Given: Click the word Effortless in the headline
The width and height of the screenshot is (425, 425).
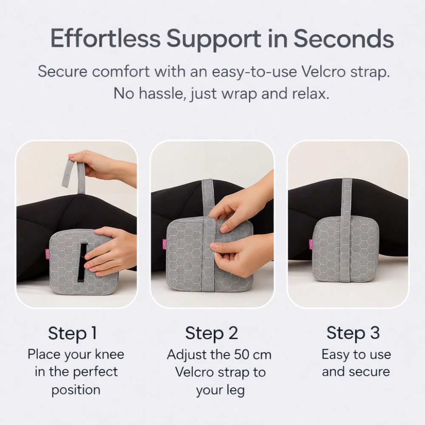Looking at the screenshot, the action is coord(105,38).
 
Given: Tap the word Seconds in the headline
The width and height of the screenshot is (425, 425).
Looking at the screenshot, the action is coord(344,38).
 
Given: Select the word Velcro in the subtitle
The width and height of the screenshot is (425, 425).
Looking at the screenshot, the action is coord(323,71).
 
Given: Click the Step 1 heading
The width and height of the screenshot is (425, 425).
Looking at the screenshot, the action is coord(72,333).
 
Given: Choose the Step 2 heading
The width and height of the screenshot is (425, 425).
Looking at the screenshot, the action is coord(212,333).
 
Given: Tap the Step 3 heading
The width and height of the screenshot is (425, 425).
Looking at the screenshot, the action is coord(353,333).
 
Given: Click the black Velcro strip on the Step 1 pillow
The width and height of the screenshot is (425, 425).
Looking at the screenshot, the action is coord(82,263).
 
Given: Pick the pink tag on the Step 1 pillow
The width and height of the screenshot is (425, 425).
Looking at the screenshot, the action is coord(48,254).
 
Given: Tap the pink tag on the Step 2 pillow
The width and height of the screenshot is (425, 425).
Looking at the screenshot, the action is coord(164,244).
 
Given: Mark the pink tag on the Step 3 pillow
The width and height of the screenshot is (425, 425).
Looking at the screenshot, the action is coord(311,244).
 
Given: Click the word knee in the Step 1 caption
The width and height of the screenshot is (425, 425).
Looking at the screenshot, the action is coord(110,354).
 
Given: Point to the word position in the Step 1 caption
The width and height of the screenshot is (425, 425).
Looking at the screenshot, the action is coord(76,391).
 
